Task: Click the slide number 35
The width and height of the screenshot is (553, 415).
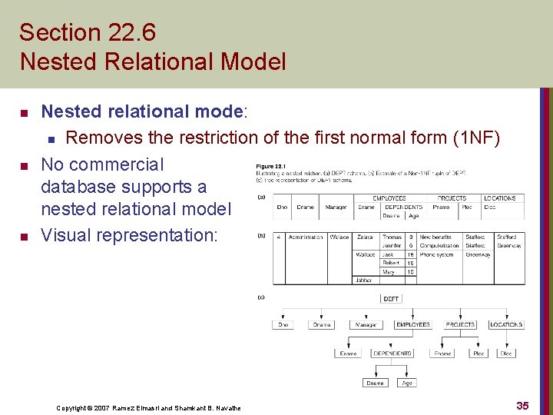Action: point(522,405)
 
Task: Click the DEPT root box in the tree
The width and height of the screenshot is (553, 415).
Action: point(391,299)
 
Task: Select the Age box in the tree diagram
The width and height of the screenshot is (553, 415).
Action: point(407,382)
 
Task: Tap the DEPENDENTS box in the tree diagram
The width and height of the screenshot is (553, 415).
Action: point(392,354)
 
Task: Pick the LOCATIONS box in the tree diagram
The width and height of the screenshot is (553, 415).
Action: point(506,325)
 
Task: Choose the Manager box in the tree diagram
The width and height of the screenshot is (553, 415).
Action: point(366,325)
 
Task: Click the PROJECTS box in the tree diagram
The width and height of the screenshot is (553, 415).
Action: point(460,325)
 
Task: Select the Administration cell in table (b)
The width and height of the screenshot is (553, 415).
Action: point(306,237)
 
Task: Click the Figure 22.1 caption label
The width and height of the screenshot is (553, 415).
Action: point(270,167)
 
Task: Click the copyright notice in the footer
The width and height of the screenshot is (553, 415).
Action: point(148,407)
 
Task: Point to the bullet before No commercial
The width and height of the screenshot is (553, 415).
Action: point(24,165)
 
